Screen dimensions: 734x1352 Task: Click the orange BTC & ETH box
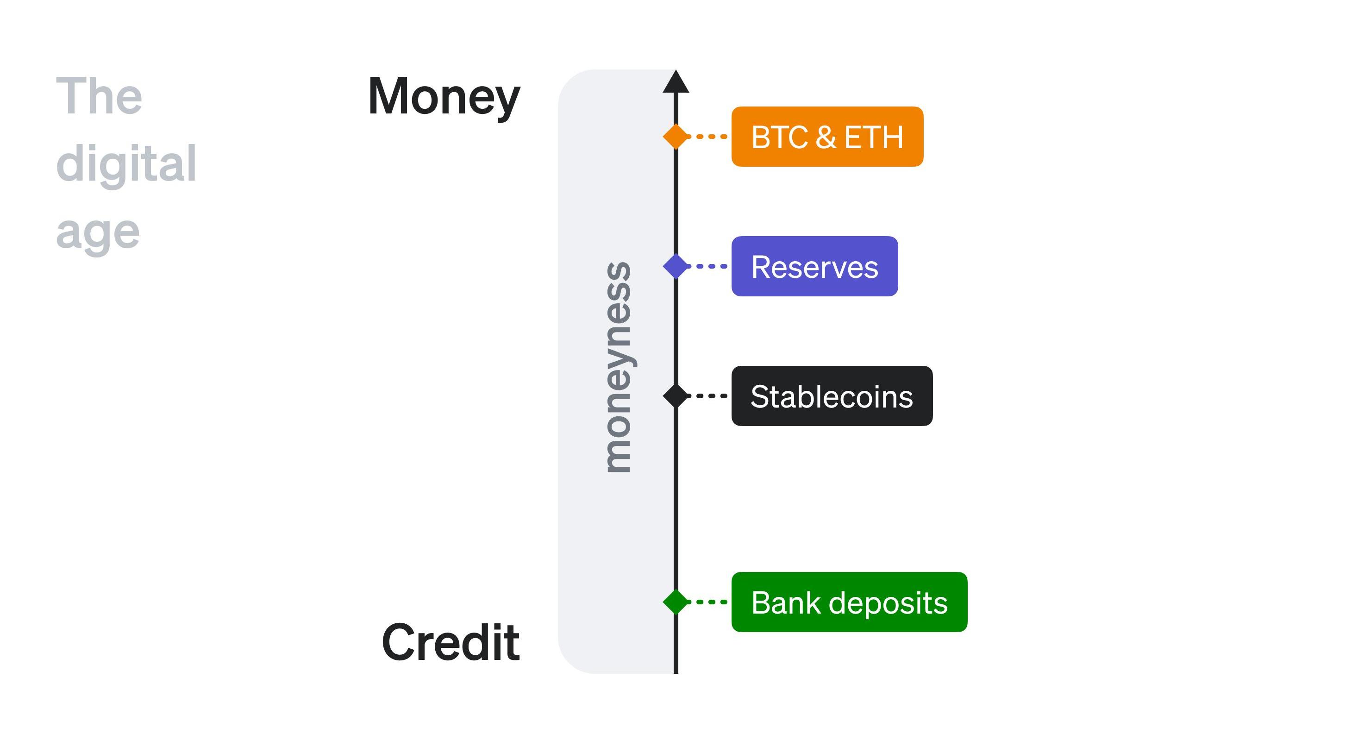click(827, 137)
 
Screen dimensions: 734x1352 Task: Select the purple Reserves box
click(814, 266)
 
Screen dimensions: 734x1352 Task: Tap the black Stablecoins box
click(832, 396)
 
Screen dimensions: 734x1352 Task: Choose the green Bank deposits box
click(849, 602)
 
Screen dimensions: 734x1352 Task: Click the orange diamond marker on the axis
click(676, 137)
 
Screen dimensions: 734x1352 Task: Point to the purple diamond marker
click(676, 266)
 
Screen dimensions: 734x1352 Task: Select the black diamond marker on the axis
click(676, 396)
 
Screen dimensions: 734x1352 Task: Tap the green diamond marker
click(676, 602)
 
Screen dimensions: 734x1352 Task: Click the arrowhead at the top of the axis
click(676, 82)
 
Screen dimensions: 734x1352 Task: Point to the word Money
click(444, 97)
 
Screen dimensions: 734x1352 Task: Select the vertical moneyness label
click(618, 368)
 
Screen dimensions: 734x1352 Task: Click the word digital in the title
click(126, 164)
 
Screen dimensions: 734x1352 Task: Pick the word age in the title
click(98, 232)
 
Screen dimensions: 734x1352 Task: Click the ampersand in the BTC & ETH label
click(826, 137)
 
